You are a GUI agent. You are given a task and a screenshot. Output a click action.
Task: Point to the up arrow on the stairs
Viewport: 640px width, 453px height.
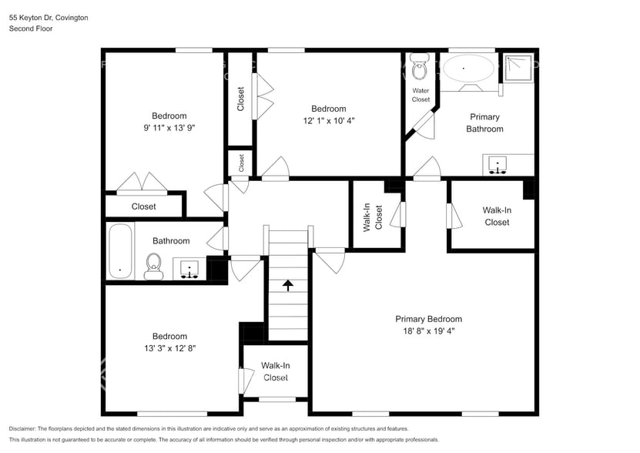point(288,285)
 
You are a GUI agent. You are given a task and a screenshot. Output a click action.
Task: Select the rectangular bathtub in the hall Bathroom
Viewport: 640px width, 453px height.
point(120,251)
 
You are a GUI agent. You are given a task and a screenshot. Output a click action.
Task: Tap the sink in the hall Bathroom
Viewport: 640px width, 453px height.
point(189,269)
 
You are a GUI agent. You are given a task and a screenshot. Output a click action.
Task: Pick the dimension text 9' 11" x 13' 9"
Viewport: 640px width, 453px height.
point(169,128)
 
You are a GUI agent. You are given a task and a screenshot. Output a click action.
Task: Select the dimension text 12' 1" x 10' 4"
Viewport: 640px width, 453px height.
point(328,120)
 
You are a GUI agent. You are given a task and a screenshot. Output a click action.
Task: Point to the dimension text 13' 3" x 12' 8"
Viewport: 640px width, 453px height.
point(169,347)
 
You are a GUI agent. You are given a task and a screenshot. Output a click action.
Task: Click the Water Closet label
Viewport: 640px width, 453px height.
point(421,95)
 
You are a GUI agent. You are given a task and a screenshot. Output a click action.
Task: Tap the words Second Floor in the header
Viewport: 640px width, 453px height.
point(30,29)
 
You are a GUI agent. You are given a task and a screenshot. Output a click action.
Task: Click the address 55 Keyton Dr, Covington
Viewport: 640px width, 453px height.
point(48,17)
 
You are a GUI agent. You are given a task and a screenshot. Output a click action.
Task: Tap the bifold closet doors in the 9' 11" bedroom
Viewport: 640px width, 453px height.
point(141,182)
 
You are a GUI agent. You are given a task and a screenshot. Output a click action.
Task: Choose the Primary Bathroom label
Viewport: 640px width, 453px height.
point(484,122)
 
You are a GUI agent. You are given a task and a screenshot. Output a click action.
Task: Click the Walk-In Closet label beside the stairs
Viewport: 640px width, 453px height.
point(276,371)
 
